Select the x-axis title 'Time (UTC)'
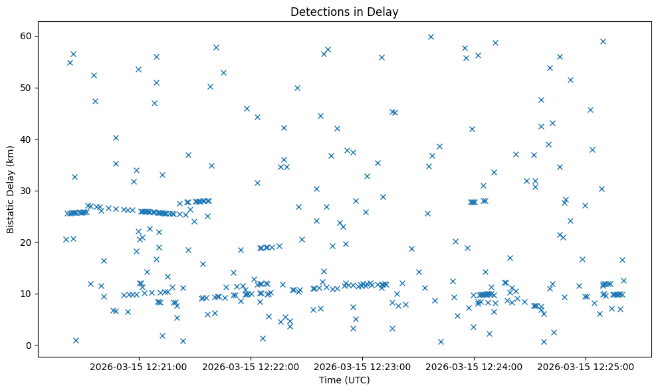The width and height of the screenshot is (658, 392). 344,381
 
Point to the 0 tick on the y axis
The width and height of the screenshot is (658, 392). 29,345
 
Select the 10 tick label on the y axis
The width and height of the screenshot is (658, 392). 27,294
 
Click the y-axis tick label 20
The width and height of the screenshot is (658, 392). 27,243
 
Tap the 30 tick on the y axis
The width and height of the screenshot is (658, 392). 27,191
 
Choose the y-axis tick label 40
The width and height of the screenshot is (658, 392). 27,140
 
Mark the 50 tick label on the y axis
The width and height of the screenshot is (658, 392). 27,88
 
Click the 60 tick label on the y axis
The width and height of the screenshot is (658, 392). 27,36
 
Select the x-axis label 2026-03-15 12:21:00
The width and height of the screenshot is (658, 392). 138,366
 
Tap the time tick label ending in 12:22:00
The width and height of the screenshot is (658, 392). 250,366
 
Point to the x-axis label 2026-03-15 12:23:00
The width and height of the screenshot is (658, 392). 362,366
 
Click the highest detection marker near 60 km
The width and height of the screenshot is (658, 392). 431,37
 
